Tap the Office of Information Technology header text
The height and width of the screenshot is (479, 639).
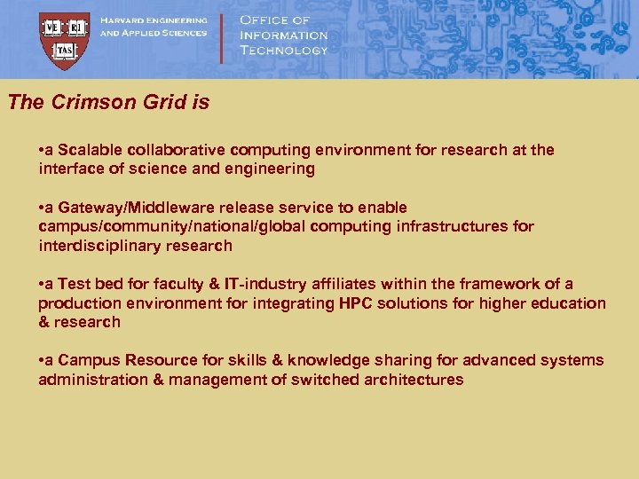point(283,35)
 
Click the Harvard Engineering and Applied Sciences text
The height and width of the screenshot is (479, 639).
point(153,27)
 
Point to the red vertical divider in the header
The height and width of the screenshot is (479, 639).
point(221,37)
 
